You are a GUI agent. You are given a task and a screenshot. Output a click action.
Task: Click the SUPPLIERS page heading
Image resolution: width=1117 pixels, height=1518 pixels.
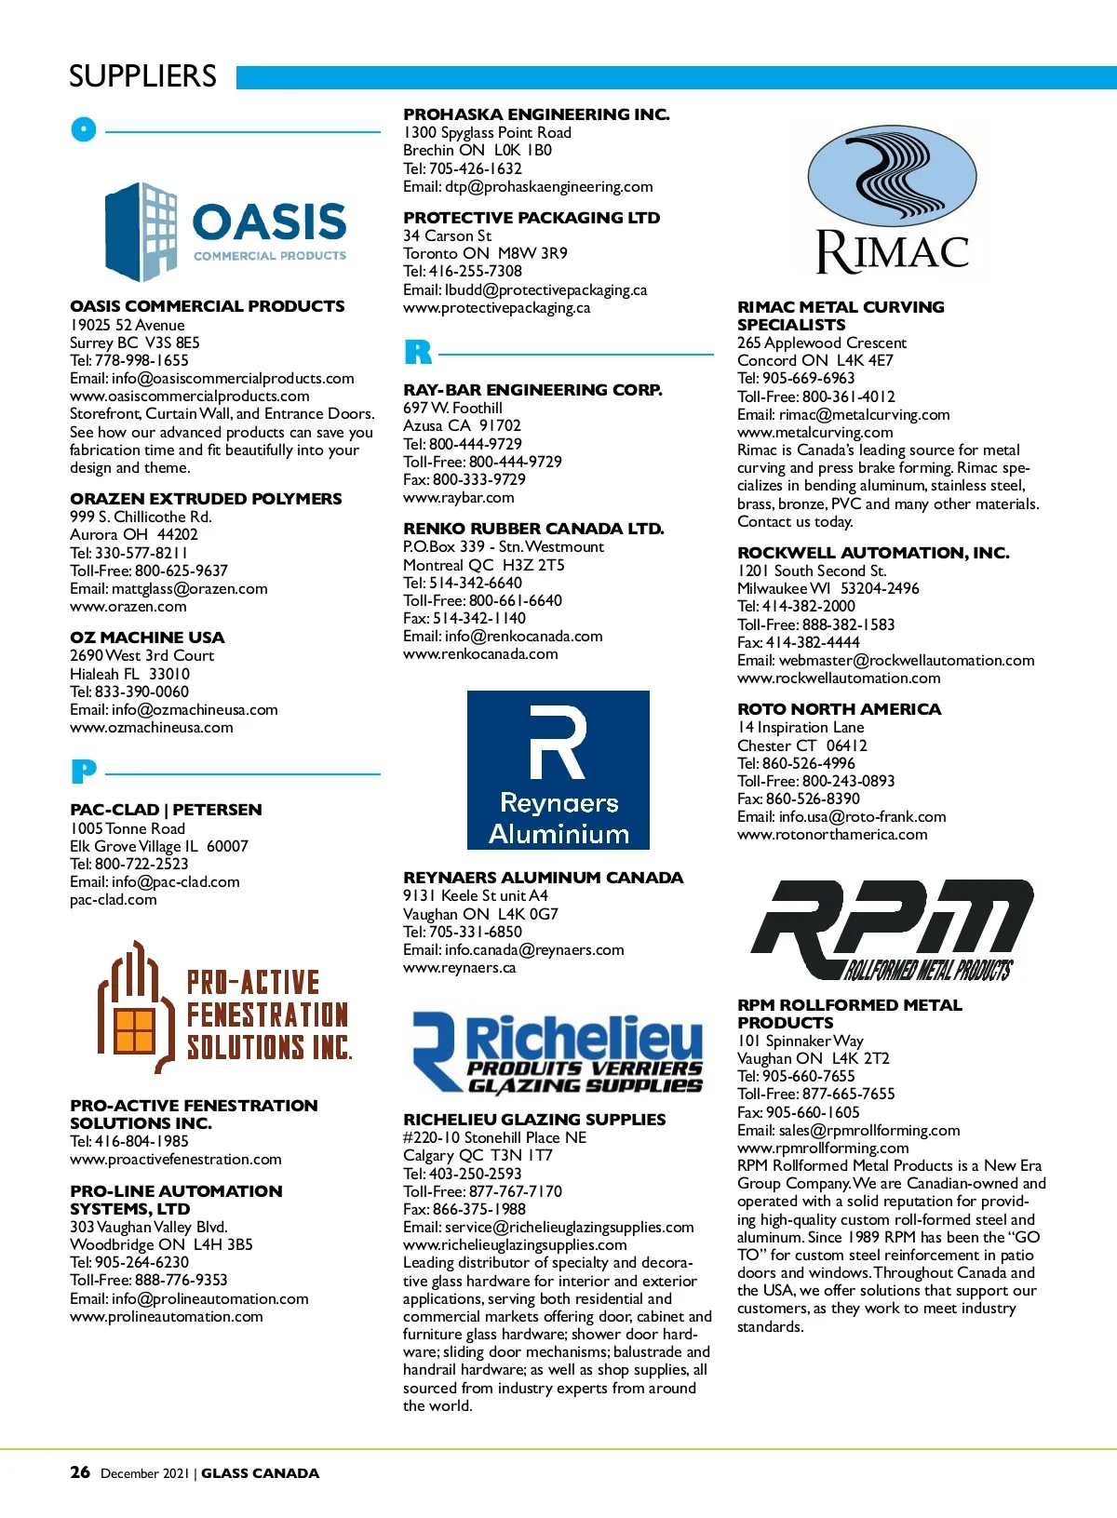[142, 76]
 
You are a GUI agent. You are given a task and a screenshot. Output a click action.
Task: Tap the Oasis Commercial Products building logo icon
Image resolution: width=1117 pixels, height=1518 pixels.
[141, 231]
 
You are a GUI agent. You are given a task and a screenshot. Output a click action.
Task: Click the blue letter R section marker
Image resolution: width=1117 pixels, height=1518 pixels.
[418, 353]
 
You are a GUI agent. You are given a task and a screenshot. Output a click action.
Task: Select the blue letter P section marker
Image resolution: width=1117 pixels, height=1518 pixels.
[83, 772]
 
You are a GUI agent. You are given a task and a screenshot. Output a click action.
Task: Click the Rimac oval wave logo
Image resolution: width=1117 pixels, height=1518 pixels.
[892, 178]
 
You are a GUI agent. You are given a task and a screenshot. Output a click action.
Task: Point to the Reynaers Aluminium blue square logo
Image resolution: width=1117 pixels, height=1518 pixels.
[558, 770]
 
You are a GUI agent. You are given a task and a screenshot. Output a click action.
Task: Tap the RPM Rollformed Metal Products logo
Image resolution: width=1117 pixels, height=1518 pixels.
[892, 930]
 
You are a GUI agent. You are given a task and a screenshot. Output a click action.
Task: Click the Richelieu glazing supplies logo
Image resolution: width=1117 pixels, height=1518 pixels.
[558, 1053]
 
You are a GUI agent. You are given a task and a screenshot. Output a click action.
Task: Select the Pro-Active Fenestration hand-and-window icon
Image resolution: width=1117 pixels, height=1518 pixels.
[136, 1008]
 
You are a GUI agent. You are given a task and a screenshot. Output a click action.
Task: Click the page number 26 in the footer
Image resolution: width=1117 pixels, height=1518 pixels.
[80, 1471]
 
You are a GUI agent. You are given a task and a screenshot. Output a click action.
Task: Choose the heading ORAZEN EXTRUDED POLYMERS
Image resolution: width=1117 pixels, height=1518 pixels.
[206, 499]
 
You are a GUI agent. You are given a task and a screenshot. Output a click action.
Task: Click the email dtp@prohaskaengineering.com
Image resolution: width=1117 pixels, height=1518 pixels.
[548, 186]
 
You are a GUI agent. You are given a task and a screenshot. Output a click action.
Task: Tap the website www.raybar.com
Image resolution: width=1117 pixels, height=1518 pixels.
[458, 497]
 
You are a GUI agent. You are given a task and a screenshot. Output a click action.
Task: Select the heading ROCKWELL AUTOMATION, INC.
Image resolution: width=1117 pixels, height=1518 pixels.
[873, 553]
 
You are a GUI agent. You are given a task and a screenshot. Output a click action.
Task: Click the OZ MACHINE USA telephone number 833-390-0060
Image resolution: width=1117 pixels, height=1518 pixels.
[141, 692]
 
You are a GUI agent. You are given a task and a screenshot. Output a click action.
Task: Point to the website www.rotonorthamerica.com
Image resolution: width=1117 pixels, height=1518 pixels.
[832, 834]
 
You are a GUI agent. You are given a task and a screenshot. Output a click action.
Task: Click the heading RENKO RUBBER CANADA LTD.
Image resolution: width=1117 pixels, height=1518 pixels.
[533, 529]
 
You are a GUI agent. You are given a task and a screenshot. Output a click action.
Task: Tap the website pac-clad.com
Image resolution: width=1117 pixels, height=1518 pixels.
[114, 899]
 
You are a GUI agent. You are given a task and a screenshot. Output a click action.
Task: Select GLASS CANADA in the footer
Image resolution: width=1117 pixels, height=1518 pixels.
[260, 1473]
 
